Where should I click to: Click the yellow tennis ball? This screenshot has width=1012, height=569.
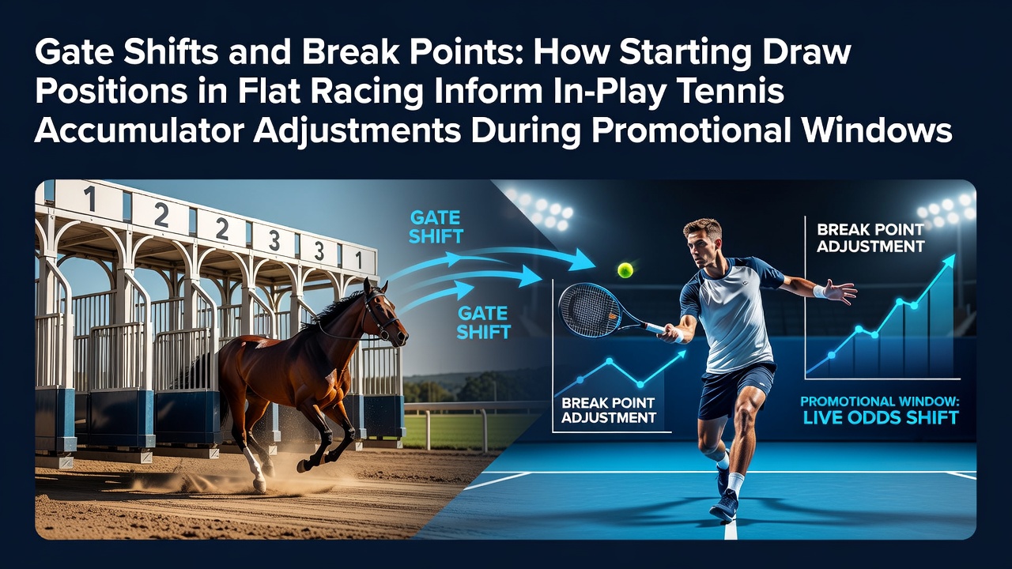pyautogui.click(x=625, y=270)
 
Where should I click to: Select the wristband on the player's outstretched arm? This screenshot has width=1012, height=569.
pyautogui.click(x=821, y=292)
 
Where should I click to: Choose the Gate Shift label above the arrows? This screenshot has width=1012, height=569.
pyautogui.click(x=436, y=227)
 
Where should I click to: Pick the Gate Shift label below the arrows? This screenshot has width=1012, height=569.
pyautogui.click(x=483, y=322)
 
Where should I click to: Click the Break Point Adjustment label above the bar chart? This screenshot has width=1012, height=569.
pyautogui.click(x=870, y=238)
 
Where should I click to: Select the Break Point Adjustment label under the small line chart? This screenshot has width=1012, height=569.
pyautogui.click(x=609, y=410)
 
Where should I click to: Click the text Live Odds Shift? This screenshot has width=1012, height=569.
pyautogui.click(x=881, y=418)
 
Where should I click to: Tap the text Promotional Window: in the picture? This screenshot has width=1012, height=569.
pyautogui.click(x=880, y=401)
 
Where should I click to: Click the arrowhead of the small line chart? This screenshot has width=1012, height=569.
pyautogui.click(x=678, y=355)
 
